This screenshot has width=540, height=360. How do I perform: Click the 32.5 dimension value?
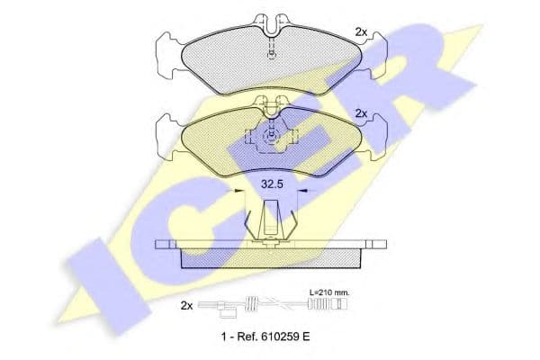pyautogui.click(x=272, y=184)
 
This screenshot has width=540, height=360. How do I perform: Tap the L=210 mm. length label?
pyautogui.click(x=329, y=292)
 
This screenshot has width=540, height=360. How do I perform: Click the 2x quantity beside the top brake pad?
pyautogui.click(x=361, y=32)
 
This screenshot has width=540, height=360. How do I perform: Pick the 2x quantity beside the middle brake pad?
pyautogui.click(x=361, y=113)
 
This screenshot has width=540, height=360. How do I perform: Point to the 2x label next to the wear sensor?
pyautogui.click(x=186, y=306)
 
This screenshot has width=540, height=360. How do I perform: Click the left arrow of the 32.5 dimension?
pyautogui.click(x=234, y=190)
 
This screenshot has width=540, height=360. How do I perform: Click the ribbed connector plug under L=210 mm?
pyautogui.click(x=328, y=305)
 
